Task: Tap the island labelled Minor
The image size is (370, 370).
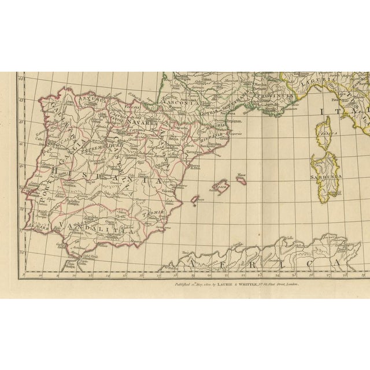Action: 241,181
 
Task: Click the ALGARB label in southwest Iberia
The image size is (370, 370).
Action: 38,228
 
